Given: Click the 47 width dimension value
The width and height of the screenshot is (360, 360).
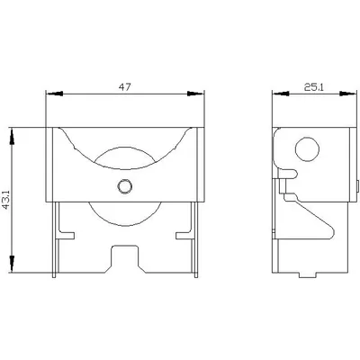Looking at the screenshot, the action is coord(124,87).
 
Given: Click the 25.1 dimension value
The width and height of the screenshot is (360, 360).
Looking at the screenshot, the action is coord(314,87).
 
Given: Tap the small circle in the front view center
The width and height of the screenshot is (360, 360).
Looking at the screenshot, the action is coord(124,186).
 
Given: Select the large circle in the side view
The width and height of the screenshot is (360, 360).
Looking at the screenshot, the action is coord(307,149).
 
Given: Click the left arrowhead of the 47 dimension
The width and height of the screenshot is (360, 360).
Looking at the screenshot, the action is coord(54,94).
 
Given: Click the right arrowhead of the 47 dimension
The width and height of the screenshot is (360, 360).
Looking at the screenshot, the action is coord(195,94).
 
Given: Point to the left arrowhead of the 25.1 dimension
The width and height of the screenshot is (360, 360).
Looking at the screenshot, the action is coord(281,94).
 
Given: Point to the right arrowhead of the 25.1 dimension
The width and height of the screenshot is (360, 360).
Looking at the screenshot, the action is coord(349,94).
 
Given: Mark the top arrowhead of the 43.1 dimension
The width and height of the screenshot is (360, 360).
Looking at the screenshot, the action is coord(12,137).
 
